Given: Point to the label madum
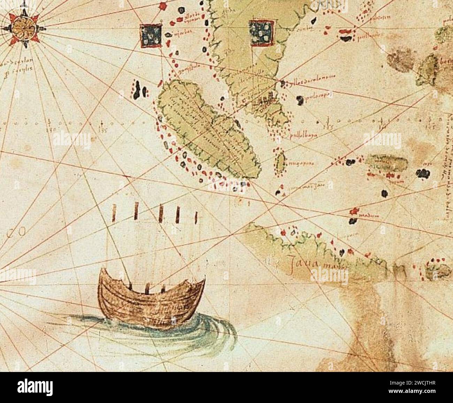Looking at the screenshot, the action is click(x=369, y=216).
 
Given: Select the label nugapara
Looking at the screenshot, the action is click(x=300, y=163).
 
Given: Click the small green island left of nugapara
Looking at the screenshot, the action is click(x=280, y=161).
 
